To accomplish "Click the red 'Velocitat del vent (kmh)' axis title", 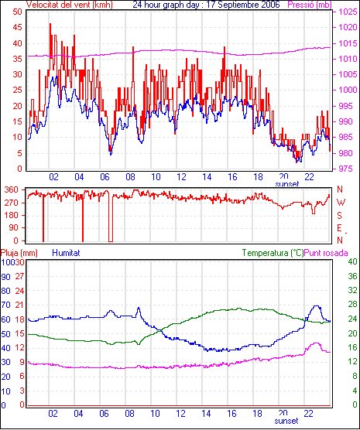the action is pos(70,5).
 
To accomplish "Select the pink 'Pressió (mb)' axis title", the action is pos(310,5).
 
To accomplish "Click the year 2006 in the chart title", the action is pos(270,5).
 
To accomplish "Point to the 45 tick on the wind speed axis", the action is pos(17,27).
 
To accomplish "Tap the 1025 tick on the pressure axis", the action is pos(348,12).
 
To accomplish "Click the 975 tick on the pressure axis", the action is pos(348,169).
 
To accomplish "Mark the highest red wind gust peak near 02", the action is pos(50,24).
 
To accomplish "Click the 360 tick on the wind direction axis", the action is pos(12,189).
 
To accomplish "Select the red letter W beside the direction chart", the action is pos(341,203).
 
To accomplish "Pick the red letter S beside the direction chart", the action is pos(339,216).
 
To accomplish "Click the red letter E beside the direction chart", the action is pos(339,228).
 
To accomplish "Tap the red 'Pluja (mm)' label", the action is pos(19,253).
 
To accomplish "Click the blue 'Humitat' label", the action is pos(66,253).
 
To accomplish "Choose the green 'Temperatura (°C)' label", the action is pos(273,253).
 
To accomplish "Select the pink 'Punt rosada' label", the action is pos(326,253).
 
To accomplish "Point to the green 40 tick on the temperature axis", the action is pos(352,261).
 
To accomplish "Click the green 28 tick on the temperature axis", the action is pos(352,305).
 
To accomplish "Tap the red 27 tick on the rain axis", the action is pos(19,276).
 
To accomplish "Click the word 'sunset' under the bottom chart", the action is pos(286,421).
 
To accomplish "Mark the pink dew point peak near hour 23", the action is pos(317,343).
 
